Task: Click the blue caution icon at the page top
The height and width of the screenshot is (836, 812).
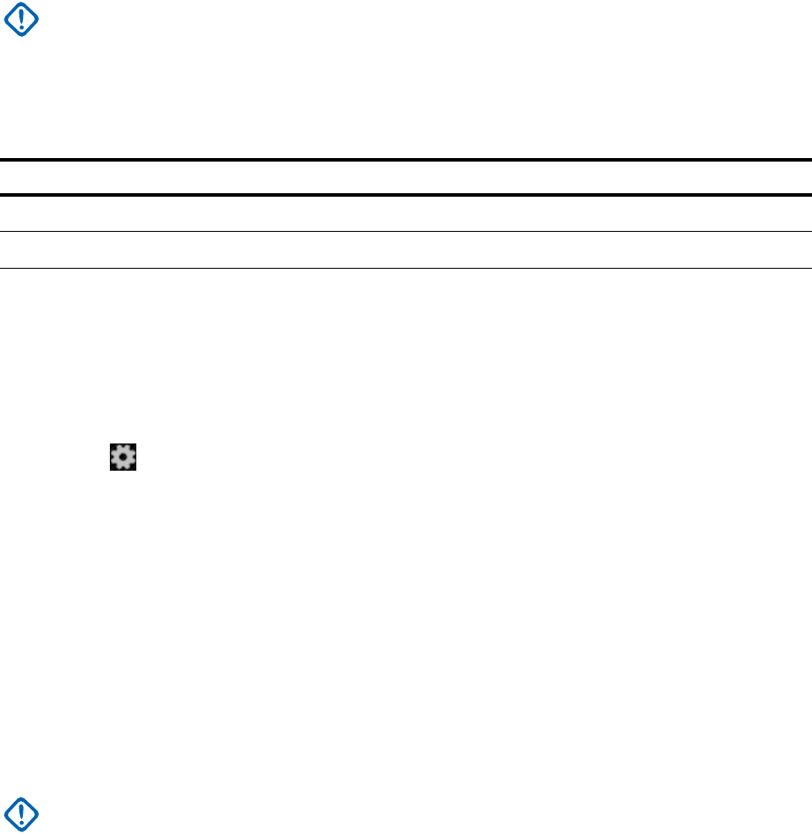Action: coord(21,19)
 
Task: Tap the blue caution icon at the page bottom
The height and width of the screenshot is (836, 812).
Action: coord(21,815)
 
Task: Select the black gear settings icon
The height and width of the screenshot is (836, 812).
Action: coord(123,457)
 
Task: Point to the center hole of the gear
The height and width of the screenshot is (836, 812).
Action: coord(123,457)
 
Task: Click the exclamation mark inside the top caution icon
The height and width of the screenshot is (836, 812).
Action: coord(21,18)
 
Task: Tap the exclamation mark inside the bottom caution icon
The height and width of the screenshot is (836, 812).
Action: coord(21,814)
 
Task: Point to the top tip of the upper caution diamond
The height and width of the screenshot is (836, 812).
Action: coord(21,3)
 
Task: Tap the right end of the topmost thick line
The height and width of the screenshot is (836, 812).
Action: coord(808,160)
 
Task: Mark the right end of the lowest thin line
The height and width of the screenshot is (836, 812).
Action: coord(808,268)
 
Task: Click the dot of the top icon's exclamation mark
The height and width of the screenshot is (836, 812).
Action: coord(21,27)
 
